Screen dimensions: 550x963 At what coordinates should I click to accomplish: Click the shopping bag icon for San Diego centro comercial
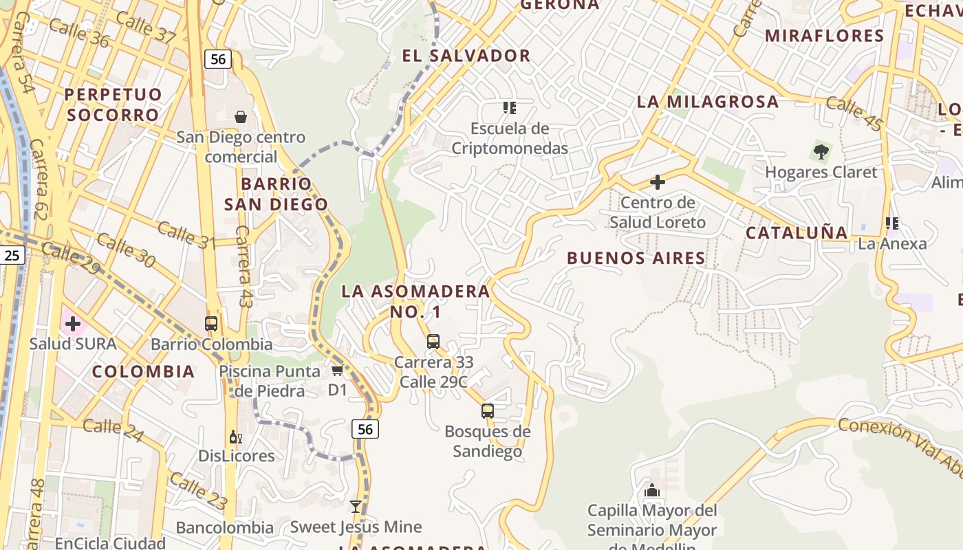[241, 117]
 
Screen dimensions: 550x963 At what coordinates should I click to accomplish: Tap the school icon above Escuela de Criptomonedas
[509, 108]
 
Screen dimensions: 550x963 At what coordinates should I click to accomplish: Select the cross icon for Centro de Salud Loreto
[658, 182]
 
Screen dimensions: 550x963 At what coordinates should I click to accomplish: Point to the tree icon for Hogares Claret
[821, 151]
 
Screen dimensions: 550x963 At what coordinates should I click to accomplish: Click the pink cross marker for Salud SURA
[72, 323]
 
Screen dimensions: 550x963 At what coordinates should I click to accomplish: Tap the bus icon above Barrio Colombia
[211, 324]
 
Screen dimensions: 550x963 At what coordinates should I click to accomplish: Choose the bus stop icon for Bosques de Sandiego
[488, 411]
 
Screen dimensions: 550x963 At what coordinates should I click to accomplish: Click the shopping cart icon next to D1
[337, 371]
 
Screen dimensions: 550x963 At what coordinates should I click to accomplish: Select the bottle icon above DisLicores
[235, 437]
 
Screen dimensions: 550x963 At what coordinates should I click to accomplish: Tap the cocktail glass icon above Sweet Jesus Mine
[356, 507]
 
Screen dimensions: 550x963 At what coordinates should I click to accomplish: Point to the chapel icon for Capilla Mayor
[651, 490]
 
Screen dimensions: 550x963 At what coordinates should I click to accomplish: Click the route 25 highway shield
[12, 256]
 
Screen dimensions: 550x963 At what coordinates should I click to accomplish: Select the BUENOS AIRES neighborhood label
[636, 258]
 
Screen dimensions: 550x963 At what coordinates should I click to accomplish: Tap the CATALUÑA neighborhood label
[797, 232]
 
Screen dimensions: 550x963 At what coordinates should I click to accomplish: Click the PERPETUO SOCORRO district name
[113, 104]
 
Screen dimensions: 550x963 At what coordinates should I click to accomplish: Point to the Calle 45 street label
[854, 113]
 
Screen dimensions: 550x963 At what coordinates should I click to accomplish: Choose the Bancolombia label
[224, 528]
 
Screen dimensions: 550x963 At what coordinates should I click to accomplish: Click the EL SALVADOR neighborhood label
[466, 56]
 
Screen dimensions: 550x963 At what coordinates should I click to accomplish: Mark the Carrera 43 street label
[242, 265]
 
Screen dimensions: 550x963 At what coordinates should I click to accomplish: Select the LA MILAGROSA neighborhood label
[708, 102]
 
